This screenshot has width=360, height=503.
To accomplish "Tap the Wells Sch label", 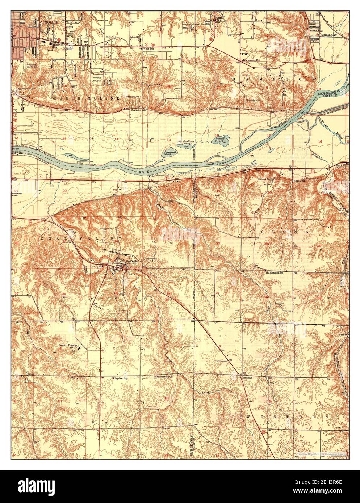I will point(148,48).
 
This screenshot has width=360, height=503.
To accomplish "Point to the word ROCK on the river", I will point(146,173).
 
